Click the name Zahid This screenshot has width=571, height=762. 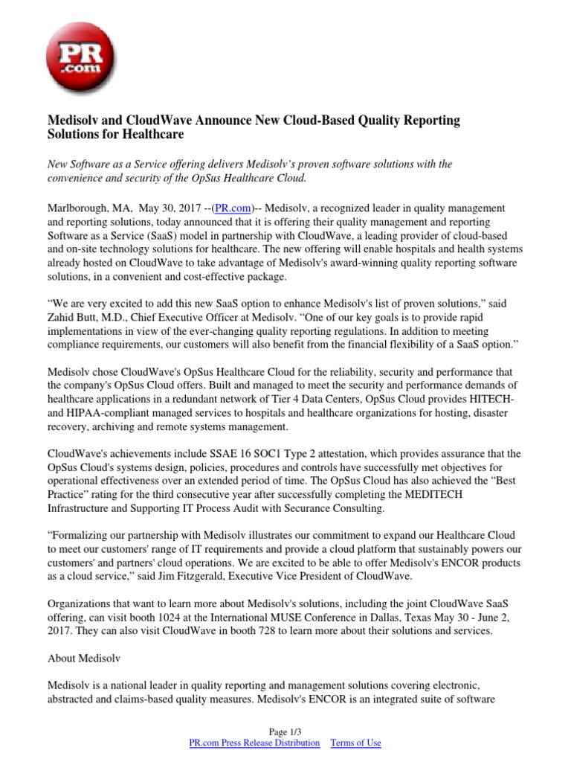(x=64, y=316)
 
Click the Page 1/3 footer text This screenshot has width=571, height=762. (x=285, y=731)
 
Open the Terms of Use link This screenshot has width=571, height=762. (x=355, y=743)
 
